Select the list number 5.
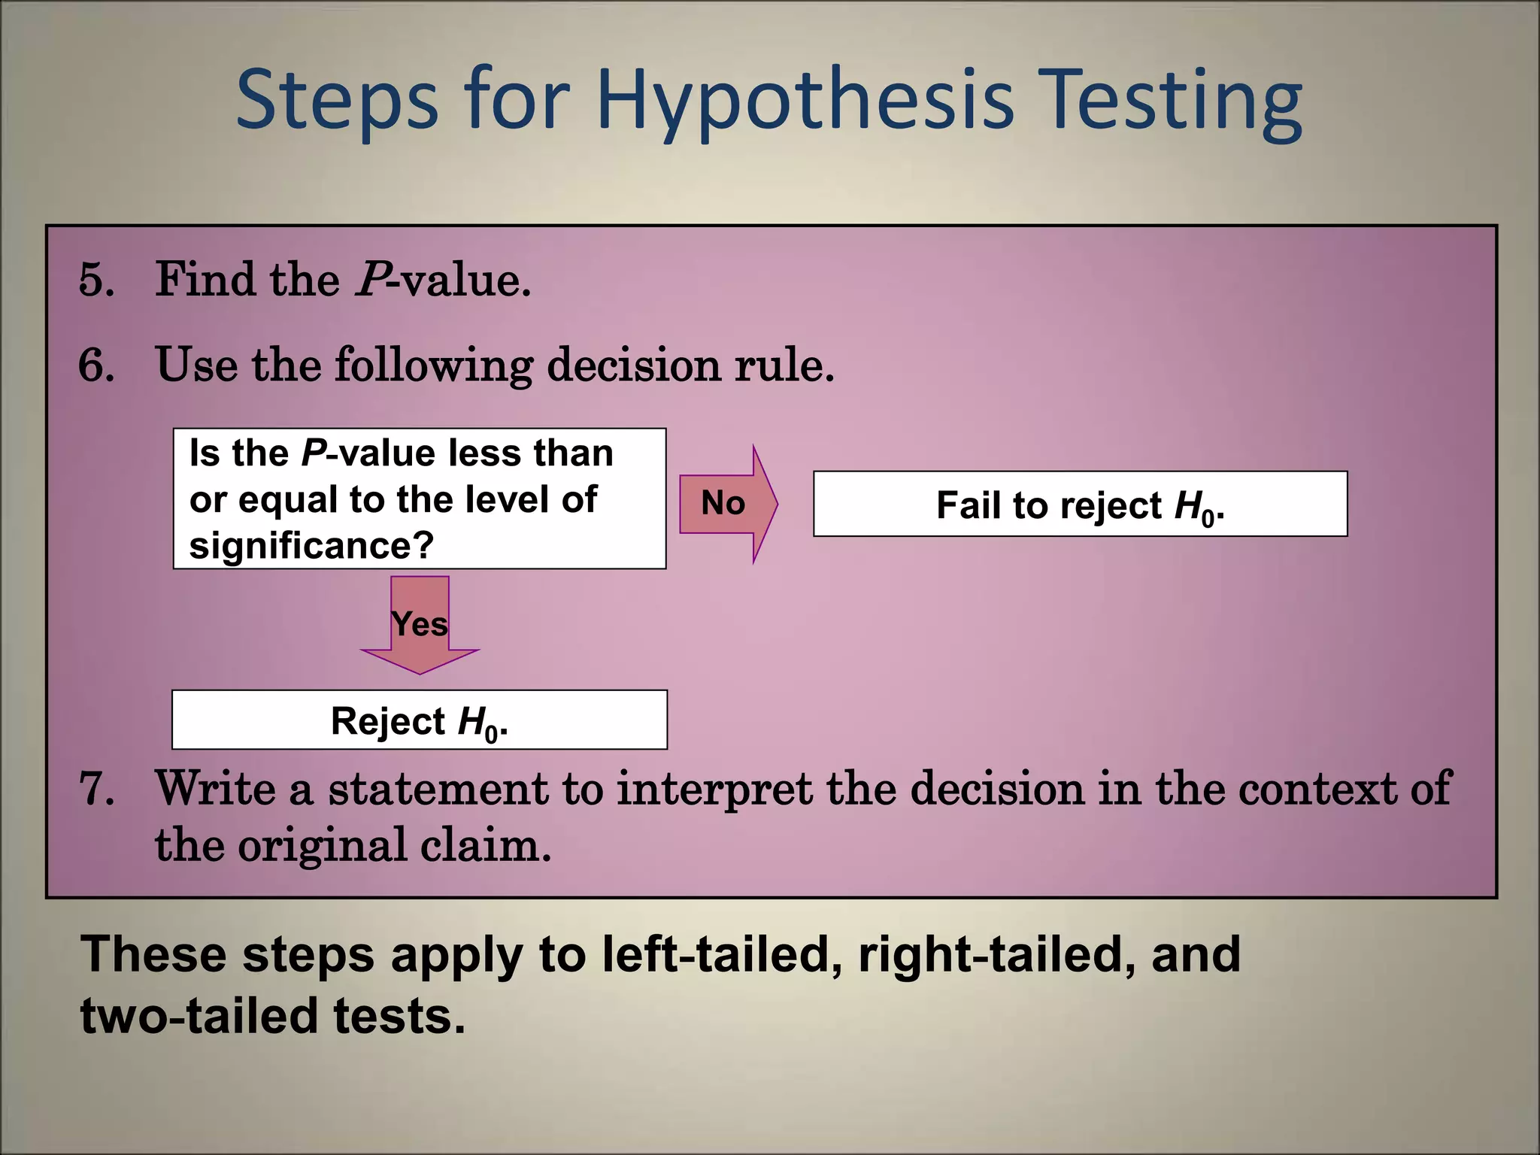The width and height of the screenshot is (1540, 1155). pyautogui.click(x=96, y=280)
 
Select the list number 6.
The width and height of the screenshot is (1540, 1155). pyautogui.click(x=96, y=365)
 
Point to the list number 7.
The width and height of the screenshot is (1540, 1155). pyautogui.click(x=96, y=790)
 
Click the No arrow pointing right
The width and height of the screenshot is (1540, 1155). pyautogui.click(x=726, y=503)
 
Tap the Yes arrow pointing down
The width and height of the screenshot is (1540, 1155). pyautogui.click(x=420, y=623)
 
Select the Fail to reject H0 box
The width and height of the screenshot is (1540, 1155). pyautogui.click(x=1080, y=504)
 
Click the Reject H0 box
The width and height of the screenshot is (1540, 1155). pyautogui.click(x=420, y=720)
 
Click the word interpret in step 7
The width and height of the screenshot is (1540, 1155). pyautogui.click(x=714, y=790)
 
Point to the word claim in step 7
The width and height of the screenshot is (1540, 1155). pyautogui.click(x=485, y=845)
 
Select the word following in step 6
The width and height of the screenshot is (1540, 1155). pyautogui.click(x=433, y=365)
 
